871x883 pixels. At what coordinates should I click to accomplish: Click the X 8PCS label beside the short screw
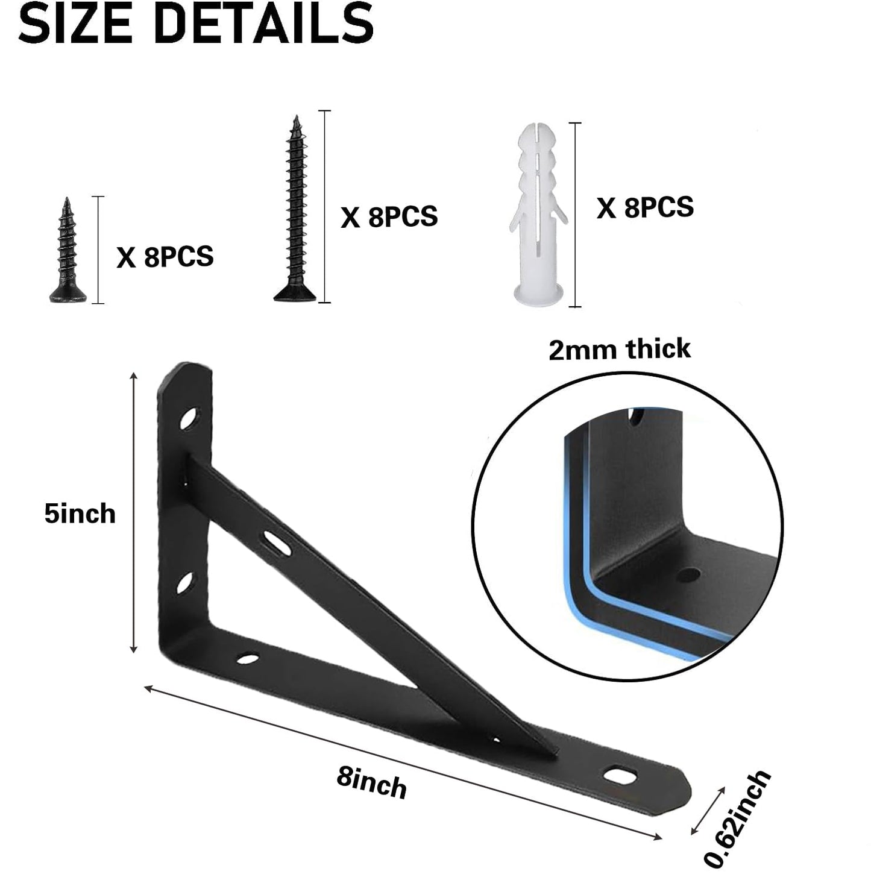165,257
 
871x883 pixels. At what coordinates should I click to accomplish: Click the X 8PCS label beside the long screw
389,216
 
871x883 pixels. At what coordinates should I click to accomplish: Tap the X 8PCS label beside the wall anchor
645,207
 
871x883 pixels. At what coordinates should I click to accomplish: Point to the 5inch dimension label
80,514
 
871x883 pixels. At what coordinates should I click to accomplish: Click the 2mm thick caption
619,349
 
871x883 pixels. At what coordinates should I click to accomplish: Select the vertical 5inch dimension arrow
134,512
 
